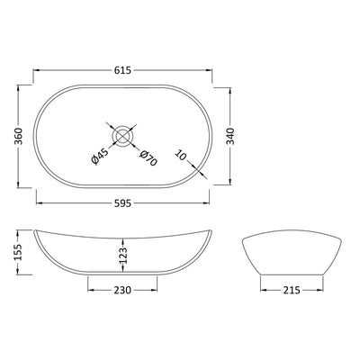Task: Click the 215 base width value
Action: [x=290, y=290]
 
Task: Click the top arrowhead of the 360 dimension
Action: [x=21, y=87]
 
